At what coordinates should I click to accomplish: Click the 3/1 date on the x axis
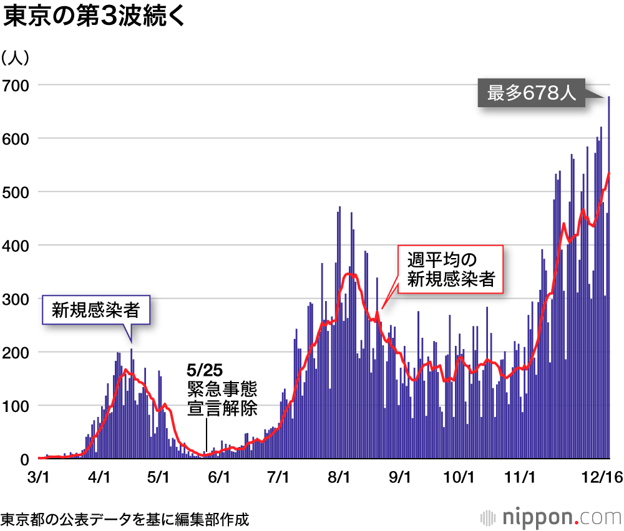[x=39, y=477]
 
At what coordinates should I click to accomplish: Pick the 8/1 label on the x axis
[x=340, y=477]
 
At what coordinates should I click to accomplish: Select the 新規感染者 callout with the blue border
[x=95, y=310]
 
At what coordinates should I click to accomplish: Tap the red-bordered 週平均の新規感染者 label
[x=451, y=269]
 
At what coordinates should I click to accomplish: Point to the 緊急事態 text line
[x=222, y=390]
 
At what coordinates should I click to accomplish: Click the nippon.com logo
[x=549, y=517]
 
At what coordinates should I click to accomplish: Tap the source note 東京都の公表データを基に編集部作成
[x=125, y=519]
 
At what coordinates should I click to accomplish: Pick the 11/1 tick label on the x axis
[x=520, y=477]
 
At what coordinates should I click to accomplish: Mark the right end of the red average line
[x=609, y=173]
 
